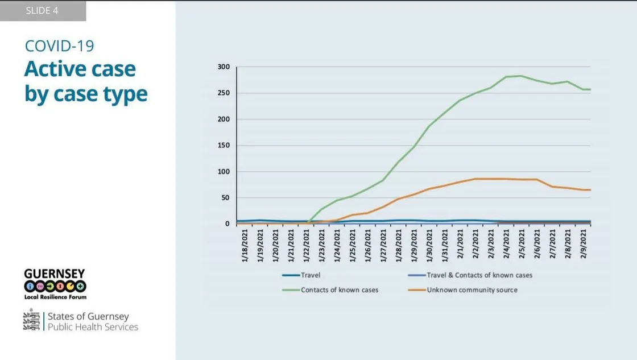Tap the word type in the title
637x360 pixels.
pos(122,94)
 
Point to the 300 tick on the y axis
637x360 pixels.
pos(224,67)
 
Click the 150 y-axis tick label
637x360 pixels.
pos(224,146)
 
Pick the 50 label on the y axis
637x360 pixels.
pos(225,198)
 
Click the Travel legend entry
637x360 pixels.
pos(311,275)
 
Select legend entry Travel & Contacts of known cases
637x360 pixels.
pos(479,275)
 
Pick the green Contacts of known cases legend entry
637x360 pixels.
pos(340,290)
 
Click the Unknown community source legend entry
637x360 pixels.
pos(472,290)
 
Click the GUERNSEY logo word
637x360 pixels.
pos(55,274)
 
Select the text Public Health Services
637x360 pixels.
pos(93,327)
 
